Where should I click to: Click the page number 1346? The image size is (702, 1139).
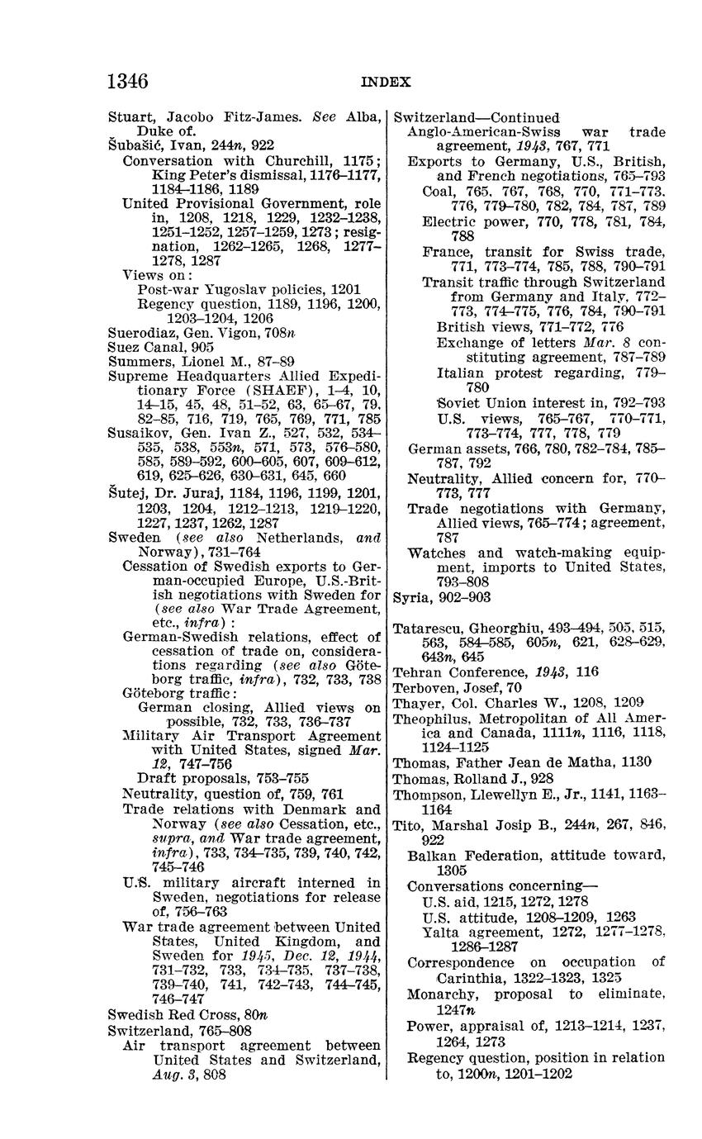point(128,81)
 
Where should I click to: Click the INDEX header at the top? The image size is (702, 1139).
point(385,82)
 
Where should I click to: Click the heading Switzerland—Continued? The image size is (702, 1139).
point(476,117)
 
